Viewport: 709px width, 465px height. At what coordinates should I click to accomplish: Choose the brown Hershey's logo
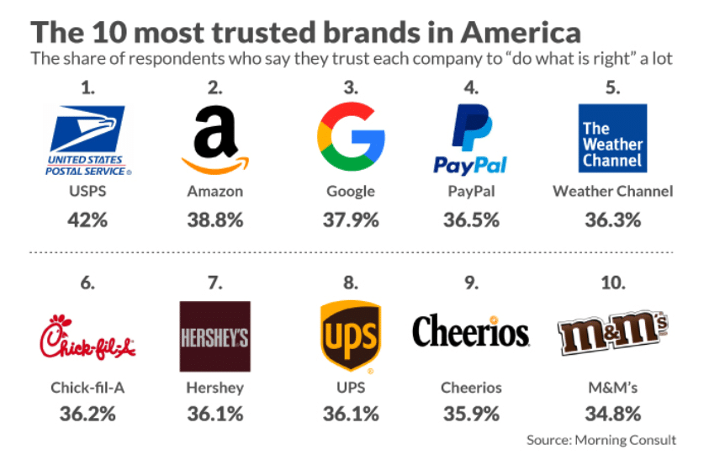[x=214, y=336]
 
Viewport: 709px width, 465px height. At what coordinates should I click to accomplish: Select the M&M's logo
[x=613, y=335]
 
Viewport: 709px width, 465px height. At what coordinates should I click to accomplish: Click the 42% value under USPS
[x=87, y=220]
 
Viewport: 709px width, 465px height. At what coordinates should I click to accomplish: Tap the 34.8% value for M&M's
[x=612, y=414]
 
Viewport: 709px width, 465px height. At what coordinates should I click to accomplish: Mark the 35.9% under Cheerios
[x=471, y=414]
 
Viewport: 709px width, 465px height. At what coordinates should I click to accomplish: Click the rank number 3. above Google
[x=351, y=87]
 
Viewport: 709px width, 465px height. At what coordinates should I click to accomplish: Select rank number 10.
[x=612, y=283]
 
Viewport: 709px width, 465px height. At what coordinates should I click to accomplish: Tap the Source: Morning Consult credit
[x=601, y=440]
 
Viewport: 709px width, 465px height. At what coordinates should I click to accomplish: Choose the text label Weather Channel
[x=612, y=191]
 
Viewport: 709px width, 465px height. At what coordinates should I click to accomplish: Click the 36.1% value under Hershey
[x=214, y=414]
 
